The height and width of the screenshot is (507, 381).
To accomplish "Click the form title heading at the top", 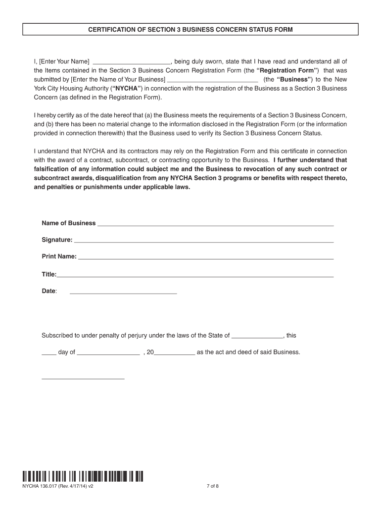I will (x=190, y=30).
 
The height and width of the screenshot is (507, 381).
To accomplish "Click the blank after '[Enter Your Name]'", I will (x=132, y=62).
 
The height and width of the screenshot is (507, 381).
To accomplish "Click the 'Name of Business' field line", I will (x=215, y=224).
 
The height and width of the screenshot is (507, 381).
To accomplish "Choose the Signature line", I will (x=203, y=241).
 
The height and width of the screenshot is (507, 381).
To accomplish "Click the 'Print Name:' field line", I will (x=206, y=258).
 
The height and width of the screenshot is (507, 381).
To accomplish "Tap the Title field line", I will (x=195, y=275).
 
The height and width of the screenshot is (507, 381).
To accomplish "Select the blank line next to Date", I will (x=123, y=293).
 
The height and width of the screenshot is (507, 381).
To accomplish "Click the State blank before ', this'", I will (x=257, y=337).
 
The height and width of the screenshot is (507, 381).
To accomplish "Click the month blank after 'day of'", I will (x=109, y=354).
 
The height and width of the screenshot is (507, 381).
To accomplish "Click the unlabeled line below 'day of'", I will (x=83, y=378).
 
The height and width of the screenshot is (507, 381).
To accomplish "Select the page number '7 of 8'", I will (x=212, y=486).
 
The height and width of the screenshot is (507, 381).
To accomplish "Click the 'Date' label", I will (x=48, y=291).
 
